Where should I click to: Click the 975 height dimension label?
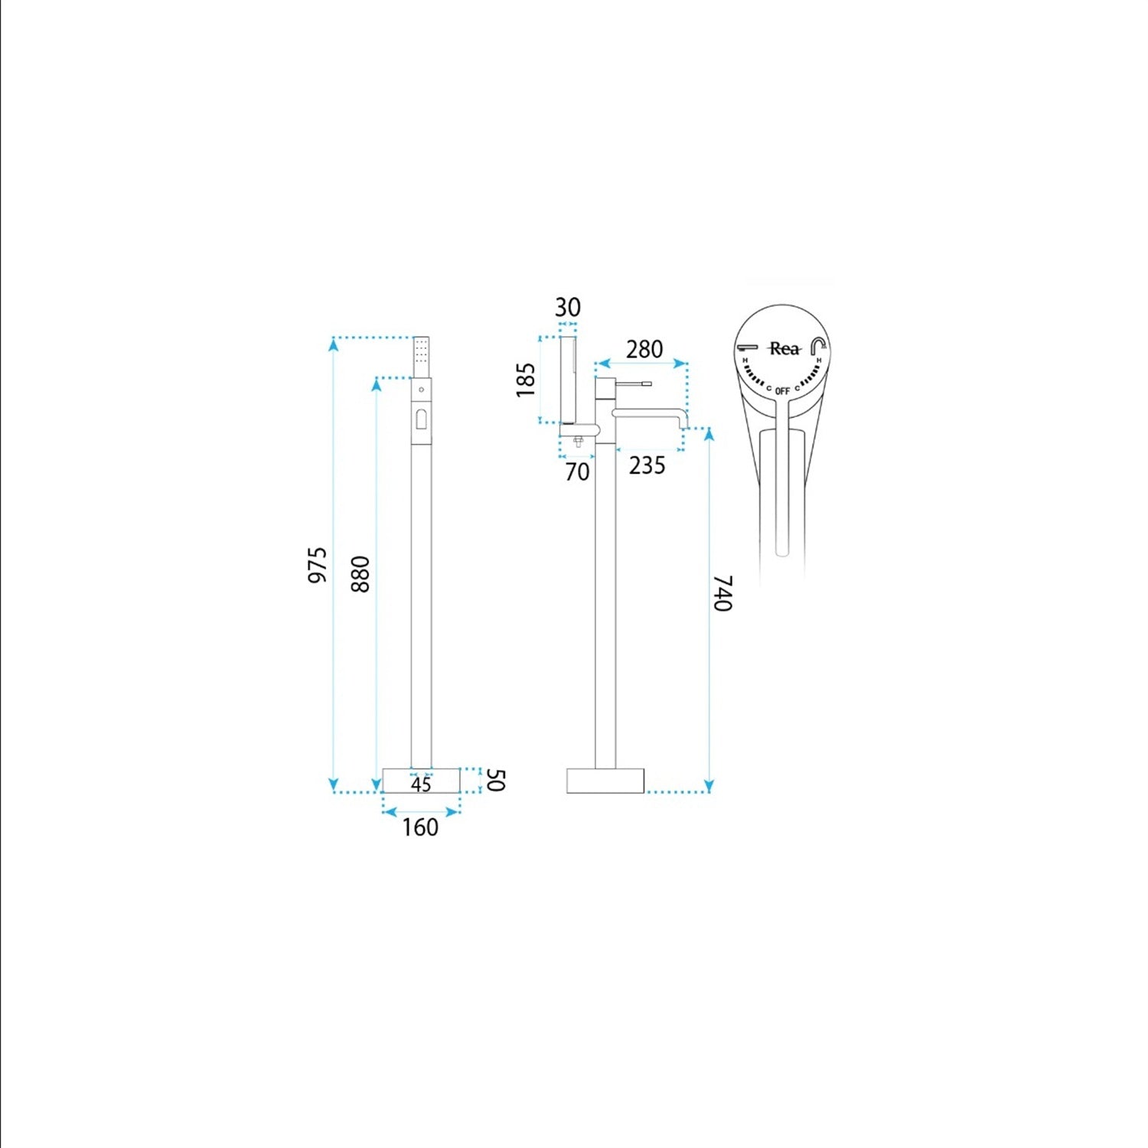pos(318,565)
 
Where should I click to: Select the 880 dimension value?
pos(360,574)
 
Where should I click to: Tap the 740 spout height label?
pos(723,594)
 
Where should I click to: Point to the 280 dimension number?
pos(644,349)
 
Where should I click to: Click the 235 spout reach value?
pos(647,465)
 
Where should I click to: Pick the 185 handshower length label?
pos(526,380)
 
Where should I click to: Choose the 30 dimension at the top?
pos(568,308)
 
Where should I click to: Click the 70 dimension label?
pos(578,471)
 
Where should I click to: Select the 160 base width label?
pos(421,827)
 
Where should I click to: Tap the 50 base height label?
pos(496,781)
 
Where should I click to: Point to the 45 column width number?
pos(421,784)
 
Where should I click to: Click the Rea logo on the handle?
pos(784,349)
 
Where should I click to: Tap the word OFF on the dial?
pos(782,391)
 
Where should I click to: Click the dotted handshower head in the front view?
pos(421,356)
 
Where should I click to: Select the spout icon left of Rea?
pos(748,347)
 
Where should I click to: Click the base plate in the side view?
pos(605,780)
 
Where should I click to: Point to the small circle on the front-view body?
pos(421,390)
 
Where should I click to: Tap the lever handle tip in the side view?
pos(647,383)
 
